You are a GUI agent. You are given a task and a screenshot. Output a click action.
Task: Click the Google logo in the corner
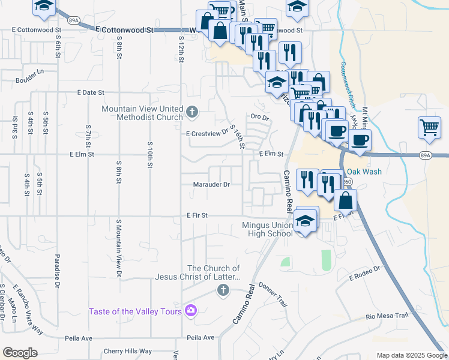click(x=20, y=353)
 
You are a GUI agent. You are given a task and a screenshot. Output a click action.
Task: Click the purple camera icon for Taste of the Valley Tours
click(x=191, y=310)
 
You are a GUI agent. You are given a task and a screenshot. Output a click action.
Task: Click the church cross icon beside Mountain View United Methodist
click(x=191, y=112)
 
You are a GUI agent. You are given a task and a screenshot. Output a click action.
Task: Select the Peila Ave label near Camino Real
click(x=200, y=338)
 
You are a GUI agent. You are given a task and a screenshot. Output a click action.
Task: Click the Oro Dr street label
click(x=259, y=117)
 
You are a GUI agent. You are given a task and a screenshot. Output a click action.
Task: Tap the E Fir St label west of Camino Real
click(x=197, y=215)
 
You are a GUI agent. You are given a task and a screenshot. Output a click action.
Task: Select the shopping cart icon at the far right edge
click(x=429, y=127)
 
